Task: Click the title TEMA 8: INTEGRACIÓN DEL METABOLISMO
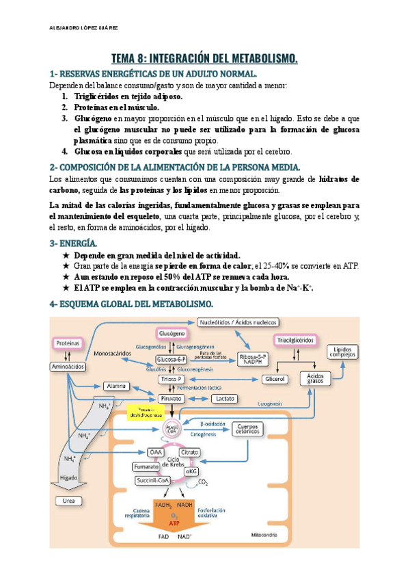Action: click(205, 59)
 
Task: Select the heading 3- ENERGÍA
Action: click(74, 243)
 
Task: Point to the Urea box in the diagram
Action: click(68, 501)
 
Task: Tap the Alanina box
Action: click(115, 386)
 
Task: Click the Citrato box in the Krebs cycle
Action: click(189, 452)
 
